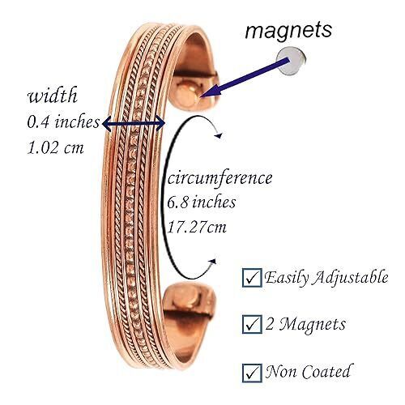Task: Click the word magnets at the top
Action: coord(288,30)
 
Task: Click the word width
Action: coord(53,95)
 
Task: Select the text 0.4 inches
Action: coord(63,122)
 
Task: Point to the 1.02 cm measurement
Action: coord(55,147)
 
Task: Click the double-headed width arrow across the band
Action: coord(134,124)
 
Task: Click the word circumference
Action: coord(220,179)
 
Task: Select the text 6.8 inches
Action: coord(201,202)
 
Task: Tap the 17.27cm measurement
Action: coord(197,227)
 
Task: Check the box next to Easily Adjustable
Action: coord(252,278)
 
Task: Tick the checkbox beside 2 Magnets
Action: coord(252,324)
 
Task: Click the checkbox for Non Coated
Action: coord(252,373)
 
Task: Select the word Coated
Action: coord(326,372)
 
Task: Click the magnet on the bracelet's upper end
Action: coord(186,94)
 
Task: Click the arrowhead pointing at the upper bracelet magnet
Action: coord(210,92)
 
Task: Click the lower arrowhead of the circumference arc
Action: coord(213,261)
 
